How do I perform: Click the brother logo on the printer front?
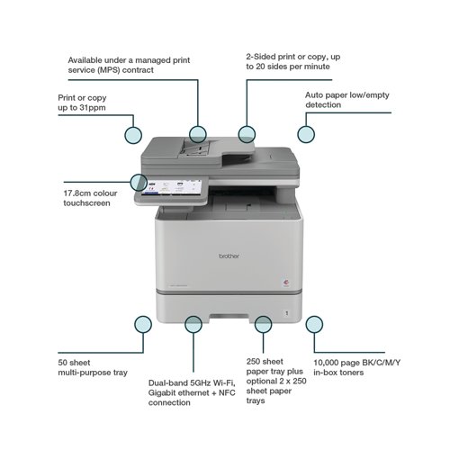pyautogui.click(x=229, y=256)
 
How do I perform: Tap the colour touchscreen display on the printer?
pyautogui.click(x=172, y=187)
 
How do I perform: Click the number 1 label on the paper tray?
pyautogui.click(x=287, y=313)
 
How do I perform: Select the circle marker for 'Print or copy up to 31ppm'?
pyautogui.click(x=133, y=135)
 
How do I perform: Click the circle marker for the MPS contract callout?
pyautogui.click(x=198, y=134)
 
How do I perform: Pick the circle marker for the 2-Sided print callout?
pyautogui.click(x=247, y=134)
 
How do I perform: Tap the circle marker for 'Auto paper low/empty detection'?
pyautogui.click(x=306, y=134)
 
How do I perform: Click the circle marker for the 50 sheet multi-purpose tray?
pyautogui.click(x=143, y=324)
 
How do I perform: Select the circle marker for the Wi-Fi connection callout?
pyautogui.click(x=193, y=324)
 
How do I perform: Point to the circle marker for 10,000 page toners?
pyautogui.click(x=314, y=324)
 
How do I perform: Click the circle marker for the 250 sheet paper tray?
pyautogui.click(x=263, y=324)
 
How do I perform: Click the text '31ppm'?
pyautogui.click(x=93, y=108)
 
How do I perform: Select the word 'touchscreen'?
pyautogui.click(x=86, y=203)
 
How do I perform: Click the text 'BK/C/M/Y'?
pyautogui.click(x=381, y=363)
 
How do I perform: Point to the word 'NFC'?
pyautogui.click(x=227, y=392)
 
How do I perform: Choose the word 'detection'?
pyautogui.click(x=323, y=104)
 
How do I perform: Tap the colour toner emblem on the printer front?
pyautogui.click(x=286, y=282)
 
